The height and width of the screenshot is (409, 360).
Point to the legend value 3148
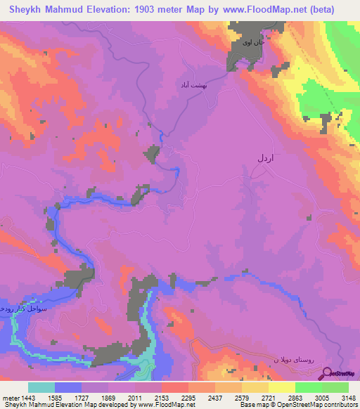(340, 396)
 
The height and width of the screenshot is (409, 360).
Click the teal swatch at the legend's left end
(41, 387)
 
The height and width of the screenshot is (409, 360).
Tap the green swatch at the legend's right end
(335, 387)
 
